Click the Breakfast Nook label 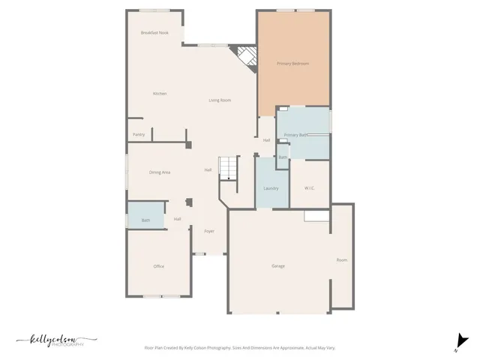tap(154, 33)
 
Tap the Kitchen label tap(160, 94)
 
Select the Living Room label tap(220, 100)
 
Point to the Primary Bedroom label tap(292, 64)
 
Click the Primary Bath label tap(296, 135)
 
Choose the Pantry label tap(139, 135)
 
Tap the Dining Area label tap(160, 172)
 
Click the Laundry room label tap(271, 188)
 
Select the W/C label tap(309, 188)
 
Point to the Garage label tap(278, 266)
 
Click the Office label tap(159, 266)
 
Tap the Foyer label tap(209, 231)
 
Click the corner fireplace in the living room tap(244, 58)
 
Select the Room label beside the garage tap(342, 260)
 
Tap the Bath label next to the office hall tap(145, 220)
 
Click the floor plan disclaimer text tap(240, 348)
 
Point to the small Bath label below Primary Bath tap(283, 157)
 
